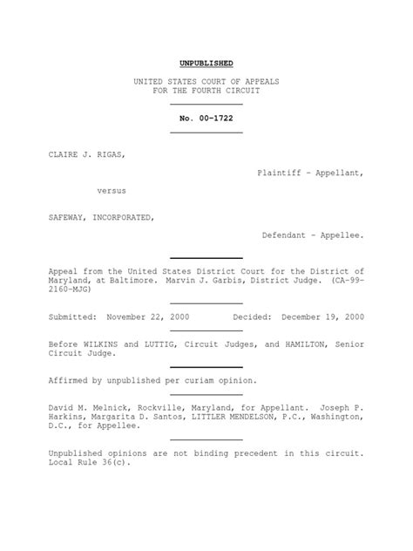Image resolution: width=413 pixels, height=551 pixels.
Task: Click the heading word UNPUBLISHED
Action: [x=206, y=64]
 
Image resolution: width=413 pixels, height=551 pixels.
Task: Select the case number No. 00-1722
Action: [x=206, y=118]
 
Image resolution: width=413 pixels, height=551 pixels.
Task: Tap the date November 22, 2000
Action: [x=147, y=316]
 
